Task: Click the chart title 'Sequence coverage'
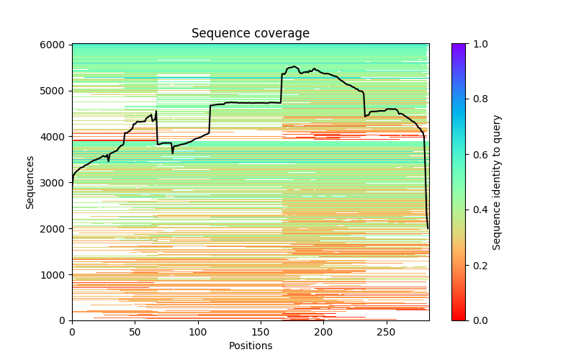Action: tap(250, 34)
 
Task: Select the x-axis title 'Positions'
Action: tap(250, 346)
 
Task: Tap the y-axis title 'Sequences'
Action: tap(30, 182)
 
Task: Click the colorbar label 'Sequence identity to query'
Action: tap(498, 182)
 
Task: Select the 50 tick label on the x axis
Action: tap(135, 331)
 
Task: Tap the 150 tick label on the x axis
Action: tap(261, 331)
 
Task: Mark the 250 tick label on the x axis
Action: tap(387, 331)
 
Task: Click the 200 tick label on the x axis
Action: tap(324, 331)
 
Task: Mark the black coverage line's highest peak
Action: tap(294, 66)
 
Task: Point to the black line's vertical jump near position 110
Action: tap(210, 119)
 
